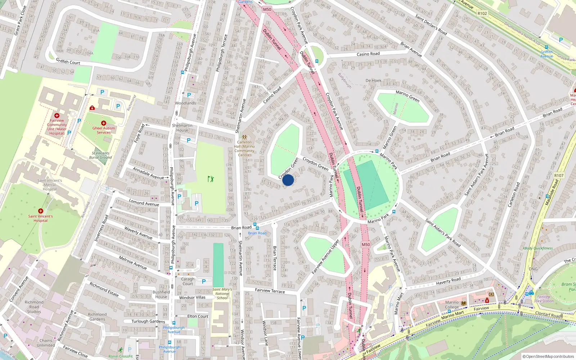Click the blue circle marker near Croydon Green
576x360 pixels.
click(x=288, y=180)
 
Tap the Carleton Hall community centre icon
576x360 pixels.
click(x=244, y=137)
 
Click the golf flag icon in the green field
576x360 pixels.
click(x=211, y=179)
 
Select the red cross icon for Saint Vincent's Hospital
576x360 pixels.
click(x=41, y=211)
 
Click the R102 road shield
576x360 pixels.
click(x=482, y=14)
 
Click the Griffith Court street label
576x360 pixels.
click(x=68, y=62)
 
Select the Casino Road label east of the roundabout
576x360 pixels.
click(x=368, y=54)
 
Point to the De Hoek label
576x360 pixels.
click(x=373, y=81)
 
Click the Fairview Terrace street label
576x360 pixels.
click(x=270, y=291)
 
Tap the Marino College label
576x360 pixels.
click(x=452, y=305)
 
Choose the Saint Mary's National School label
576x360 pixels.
click(x=222, y=293)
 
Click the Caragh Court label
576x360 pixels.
click(x=188, y=281)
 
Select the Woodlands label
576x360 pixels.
click(x=185, y=103)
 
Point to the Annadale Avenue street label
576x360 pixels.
click(x=148, y=173)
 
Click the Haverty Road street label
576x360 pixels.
click(x=448, y=281)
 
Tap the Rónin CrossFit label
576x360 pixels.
click(x=121, y=356)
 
